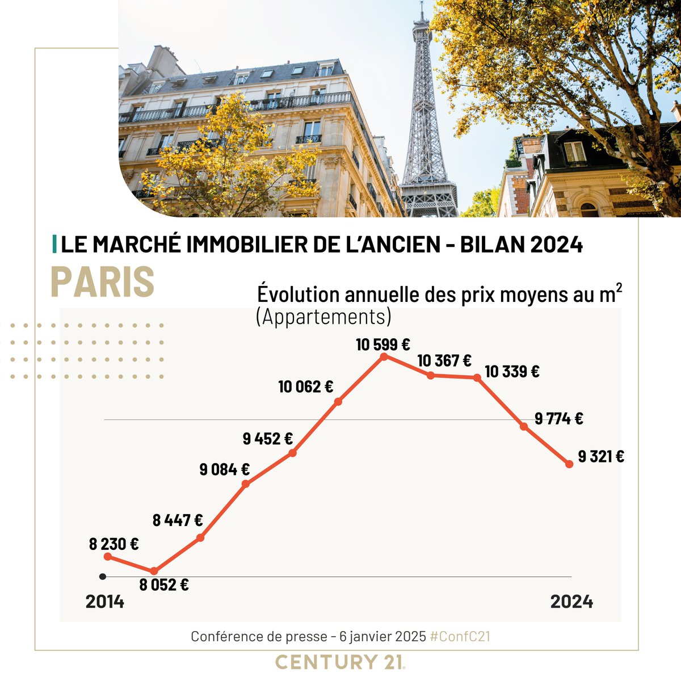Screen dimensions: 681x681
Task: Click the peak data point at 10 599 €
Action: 384,356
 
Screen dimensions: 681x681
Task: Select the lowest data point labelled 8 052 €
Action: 153,571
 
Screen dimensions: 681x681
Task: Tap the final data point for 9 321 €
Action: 569,464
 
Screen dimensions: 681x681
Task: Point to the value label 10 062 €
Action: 305,387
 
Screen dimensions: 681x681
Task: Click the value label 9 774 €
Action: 559,419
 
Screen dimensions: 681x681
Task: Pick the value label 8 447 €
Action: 178,519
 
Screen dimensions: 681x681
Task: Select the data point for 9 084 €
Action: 246,484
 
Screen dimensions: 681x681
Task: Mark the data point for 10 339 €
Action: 477,377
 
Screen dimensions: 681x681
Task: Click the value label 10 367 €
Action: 444,360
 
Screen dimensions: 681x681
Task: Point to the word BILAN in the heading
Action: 492,245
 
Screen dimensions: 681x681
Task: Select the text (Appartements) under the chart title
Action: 323,317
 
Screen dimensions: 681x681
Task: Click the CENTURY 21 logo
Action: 340,662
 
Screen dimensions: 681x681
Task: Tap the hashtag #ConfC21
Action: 460,636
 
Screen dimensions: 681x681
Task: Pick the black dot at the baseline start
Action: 102,577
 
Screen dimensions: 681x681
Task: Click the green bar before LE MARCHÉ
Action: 54,245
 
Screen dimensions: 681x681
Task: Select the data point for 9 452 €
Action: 292,453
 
